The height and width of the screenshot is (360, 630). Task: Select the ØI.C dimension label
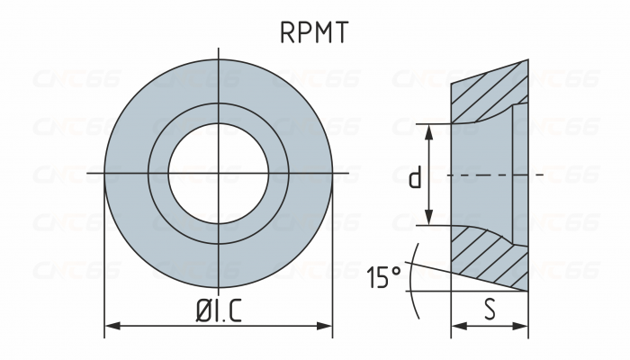pyautogui.click(x=220, y=309)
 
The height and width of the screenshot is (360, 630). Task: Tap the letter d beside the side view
pyautogui.click(x=414, y=177)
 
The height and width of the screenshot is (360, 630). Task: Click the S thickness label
pyautogui.click(x=490, y=309)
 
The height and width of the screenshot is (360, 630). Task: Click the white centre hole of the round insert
pyautogui.click(x=219, y=171)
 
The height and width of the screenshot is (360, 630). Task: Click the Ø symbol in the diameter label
pyautogui.click(x=204, y=309)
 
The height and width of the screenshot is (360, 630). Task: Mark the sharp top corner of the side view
pyautogui.click(x=527, y=62)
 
